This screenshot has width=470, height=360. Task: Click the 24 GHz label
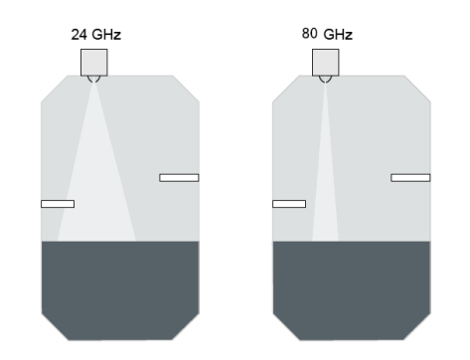96,35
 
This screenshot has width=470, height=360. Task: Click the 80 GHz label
327,34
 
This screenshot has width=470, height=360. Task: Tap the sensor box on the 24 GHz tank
94,63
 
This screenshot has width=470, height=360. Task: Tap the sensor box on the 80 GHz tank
326,63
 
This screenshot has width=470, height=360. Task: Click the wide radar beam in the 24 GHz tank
96,186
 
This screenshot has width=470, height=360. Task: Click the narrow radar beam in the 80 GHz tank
325,186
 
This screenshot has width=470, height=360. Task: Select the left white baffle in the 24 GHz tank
58,204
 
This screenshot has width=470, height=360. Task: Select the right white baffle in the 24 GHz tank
179,178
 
